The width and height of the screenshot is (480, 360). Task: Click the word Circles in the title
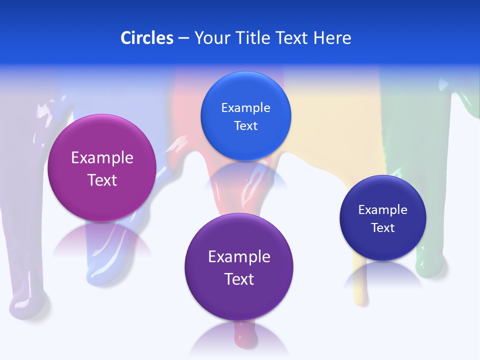(x=146, y=38)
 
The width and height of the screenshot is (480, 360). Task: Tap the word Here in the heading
(x=332, y=38)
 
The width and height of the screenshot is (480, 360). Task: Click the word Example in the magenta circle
(x=102, y=158)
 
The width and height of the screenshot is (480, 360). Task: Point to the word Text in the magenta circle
(x=102, y=180)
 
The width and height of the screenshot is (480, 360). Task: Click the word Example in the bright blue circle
(x=245, y=108)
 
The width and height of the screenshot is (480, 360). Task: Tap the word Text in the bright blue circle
(x=245, y=125)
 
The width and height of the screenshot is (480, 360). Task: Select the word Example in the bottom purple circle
(x=239, y=257)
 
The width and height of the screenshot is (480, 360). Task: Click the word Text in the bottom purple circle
(x=239, y=279)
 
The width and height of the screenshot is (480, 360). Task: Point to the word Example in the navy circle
(x=383, y=210)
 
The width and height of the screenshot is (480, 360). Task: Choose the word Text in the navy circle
(x=383, y=228)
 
